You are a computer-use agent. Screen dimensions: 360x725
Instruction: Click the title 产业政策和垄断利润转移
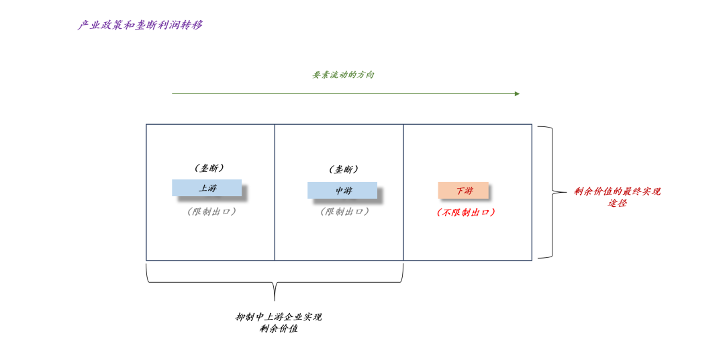pos(140,26)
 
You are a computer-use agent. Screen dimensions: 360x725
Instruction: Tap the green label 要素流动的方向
pos(343,75)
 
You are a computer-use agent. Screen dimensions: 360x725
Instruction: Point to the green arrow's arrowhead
pos(517,94)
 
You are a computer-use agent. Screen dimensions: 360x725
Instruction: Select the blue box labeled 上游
pos(207,188)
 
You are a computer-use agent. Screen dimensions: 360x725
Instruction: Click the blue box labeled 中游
pos(342,191)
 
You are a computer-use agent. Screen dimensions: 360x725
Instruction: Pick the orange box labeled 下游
pos(463,191)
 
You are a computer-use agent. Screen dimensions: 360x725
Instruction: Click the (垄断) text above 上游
pos(209,168)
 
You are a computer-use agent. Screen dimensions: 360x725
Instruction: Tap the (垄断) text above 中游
pos(343,170)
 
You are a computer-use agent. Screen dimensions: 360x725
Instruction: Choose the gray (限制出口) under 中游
pos(344,212)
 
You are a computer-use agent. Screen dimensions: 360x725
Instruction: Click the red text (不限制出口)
pos(465,212)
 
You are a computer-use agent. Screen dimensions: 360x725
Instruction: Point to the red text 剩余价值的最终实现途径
pos(617,197)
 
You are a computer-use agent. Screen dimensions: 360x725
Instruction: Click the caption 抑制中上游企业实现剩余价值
pos(278,323)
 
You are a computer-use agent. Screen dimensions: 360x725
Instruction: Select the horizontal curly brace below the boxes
pos(275,282)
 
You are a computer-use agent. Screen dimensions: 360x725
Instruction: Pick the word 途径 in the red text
pos(617,203)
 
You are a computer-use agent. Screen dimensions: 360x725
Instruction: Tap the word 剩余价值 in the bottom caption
pos(278,329)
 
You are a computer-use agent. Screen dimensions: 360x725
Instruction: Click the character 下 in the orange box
pos(460,191)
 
